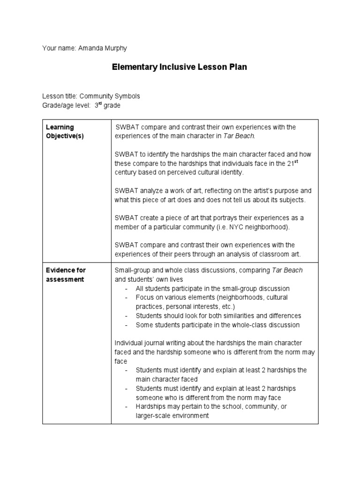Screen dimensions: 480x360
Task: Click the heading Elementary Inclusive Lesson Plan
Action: pos(179,67)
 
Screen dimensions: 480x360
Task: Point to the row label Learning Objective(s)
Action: pos(59,131)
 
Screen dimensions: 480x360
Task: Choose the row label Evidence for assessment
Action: pos(65,275)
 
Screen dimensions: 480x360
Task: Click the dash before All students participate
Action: pos(127,289)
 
